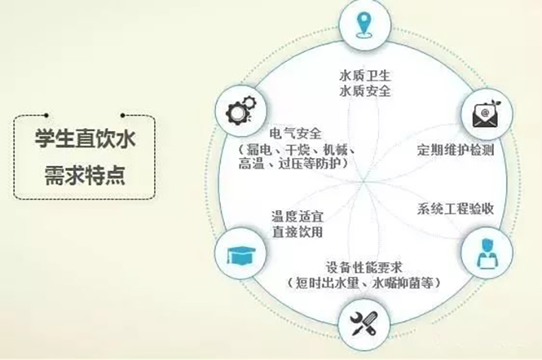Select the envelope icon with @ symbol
[x=487, y=114]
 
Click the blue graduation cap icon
[x=241, y=255]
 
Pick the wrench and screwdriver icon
[x=363, y=324]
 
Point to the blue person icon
[x=487, y=253]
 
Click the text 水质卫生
[x=364, y=75]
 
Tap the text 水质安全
[x=364, y=91]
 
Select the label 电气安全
[x=296, y=133]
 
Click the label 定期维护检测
[x=455, y=150]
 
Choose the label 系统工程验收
[x=455, y=209]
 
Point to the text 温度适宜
[x=297, y=216]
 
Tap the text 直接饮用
[x=297, y=232]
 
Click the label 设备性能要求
[x=364, y=267]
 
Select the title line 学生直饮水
[x=85, y=139]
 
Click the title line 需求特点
[x=85, y=175]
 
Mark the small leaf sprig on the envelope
[x=496, y=105]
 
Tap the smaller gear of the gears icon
[x=250, y=102]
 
